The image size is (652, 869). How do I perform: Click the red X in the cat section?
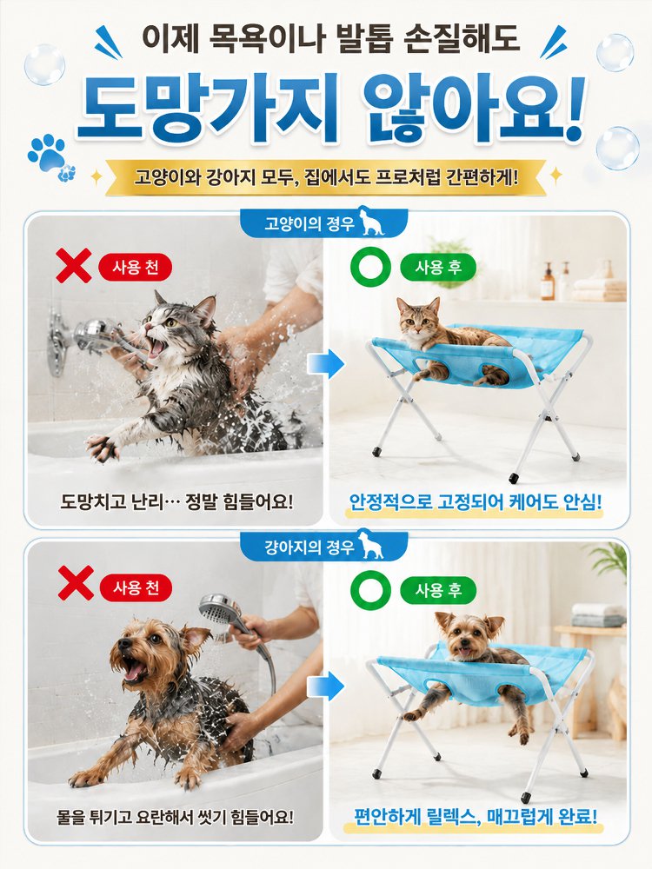coord(74,265)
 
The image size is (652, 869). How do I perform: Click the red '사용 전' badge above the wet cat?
coord(136,268)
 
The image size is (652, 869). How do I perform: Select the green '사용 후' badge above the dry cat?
coord(438,268)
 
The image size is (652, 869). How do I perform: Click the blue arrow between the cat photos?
coord(326,364)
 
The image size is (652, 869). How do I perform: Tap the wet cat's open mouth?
coord(156,347)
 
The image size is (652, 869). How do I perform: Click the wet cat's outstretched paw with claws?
coord(103,447)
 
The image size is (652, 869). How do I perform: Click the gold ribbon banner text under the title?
coord(326,178)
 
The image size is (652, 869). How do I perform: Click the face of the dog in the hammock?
coord(467,636)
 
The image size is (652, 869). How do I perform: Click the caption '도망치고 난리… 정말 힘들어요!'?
coord(176,502)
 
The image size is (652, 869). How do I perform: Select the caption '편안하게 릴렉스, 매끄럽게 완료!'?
coord(476,817)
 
